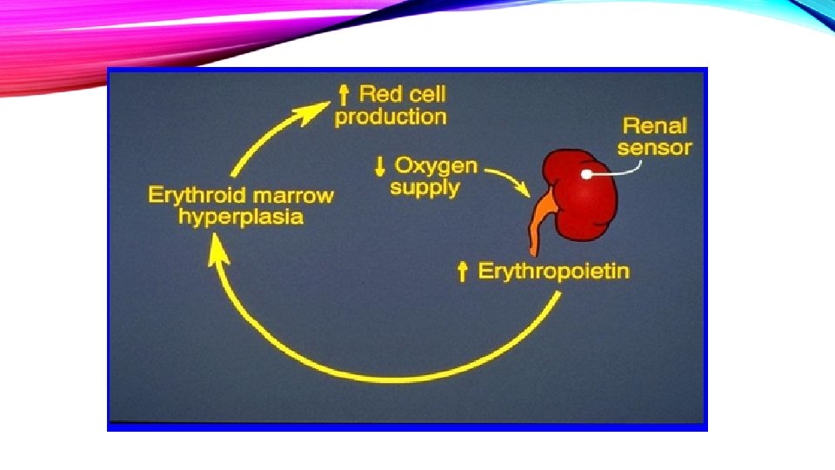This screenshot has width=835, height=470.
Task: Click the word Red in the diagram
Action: (x=379, y=93)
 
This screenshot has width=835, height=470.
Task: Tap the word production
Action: (x=391, y=116)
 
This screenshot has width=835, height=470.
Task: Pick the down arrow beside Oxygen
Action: (x=380, y=164)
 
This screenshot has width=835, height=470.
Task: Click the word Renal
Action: (x=653, y=124)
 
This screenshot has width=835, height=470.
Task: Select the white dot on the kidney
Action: (x=587, y=174)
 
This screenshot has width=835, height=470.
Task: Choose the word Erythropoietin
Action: (x=554, y=272)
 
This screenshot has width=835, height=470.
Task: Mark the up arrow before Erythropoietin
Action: (x=464, y=272)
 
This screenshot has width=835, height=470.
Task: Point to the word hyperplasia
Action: (x=241, y=216)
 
